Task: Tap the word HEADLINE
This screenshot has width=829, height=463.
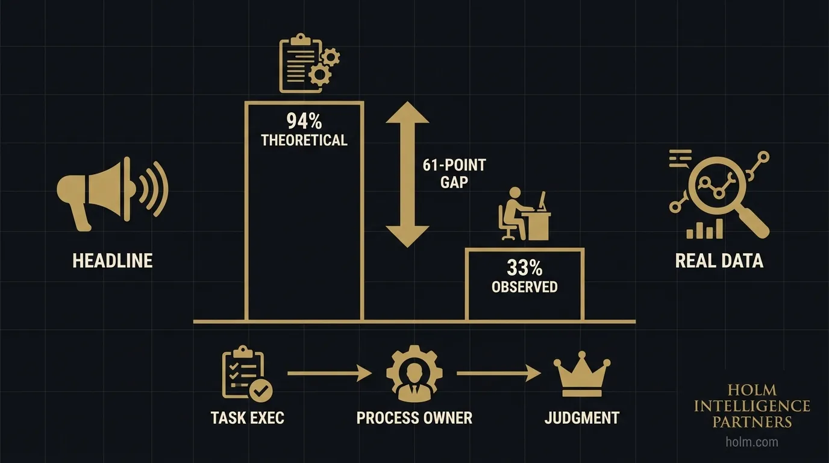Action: (113, 260)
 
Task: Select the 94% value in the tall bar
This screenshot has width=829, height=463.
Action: (304, 122)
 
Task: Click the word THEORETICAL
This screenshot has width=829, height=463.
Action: (304, 140)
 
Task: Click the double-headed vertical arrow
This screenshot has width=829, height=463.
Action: (407, 175)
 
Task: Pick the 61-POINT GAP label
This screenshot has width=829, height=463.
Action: (454, 173)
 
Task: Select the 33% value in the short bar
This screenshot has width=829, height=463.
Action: (525, 267)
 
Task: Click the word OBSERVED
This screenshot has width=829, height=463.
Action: (525, 287)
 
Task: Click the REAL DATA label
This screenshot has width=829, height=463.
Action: (719, 260)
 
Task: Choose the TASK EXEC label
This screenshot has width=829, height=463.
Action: (248, 417)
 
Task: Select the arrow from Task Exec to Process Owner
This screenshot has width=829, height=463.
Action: (330, 374)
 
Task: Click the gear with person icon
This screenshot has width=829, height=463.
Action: (414, 374)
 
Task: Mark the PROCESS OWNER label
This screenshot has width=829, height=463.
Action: (414, 417)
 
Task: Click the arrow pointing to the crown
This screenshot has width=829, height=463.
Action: (499, 374)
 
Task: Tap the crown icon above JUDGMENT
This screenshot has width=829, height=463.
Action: (582, 376)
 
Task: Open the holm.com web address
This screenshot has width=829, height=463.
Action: (752, 442)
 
